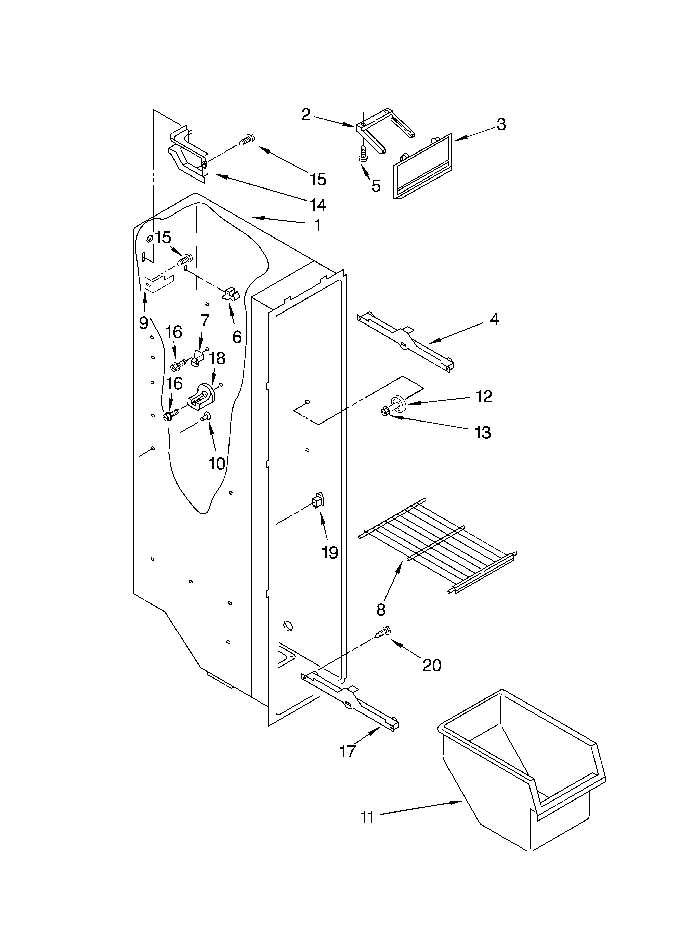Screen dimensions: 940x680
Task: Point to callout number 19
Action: [330, 552]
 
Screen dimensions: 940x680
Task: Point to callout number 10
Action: [217, 463]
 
